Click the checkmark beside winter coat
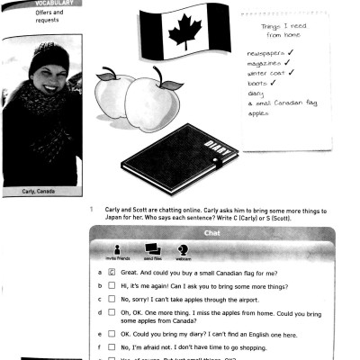coord(291,74)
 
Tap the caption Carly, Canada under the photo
coord(37,192)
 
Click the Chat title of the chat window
coord(212,233)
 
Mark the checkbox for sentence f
coord(112,346)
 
